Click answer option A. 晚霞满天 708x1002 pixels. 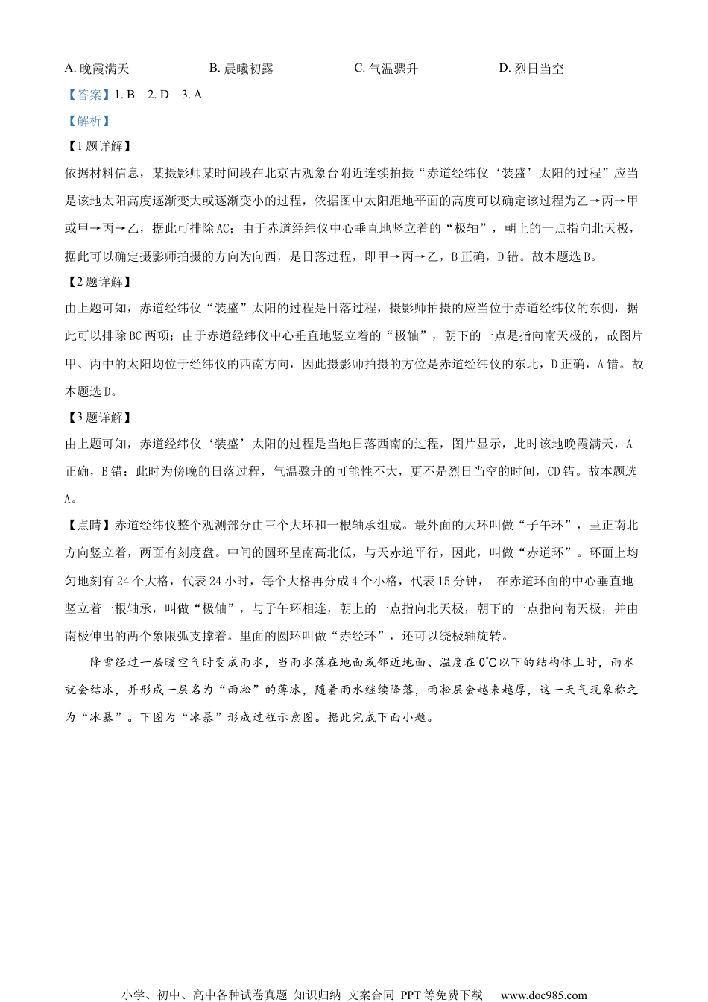pos(97,69)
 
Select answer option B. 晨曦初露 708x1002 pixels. pos(241,69)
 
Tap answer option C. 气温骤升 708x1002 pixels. pos(386,69)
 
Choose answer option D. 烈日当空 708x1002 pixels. pos(531,69)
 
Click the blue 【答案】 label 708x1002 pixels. pos(87,95)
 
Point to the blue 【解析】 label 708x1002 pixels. pos(87,121)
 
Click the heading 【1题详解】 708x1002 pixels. pos(98,147)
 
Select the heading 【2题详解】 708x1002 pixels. pos(98,282)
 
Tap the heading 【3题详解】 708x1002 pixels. pos(98,417)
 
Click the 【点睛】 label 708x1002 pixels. pos(87,526)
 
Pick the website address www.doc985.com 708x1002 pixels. pos(543,995)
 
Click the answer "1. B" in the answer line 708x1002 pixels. pos(126,95)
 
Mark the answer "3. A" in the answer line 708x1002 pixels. pos(192,95)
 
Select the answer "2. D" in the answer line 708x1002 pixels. pos(159,95)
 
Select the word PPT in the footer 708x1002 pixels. pos(411,995)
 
